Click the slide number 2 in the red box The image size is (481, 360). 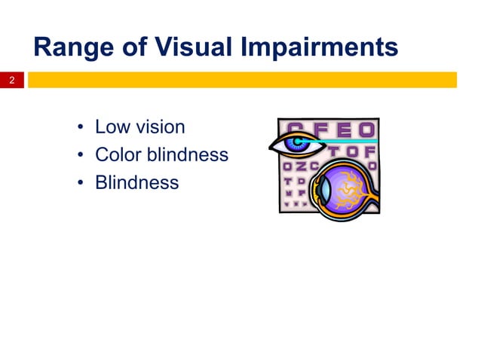12,80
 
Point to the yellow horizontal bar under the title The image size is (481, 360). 242,80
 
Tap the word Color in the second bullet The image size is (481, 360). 118,154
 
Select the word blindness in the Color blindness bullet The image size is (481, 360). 187,154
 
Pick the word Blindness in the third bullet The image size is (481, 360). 136,182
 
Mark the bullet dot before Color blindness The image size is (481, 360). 79,156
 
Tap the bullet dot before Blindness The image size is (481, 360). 79,184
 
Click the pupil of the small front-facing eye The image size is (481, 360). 296,142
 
